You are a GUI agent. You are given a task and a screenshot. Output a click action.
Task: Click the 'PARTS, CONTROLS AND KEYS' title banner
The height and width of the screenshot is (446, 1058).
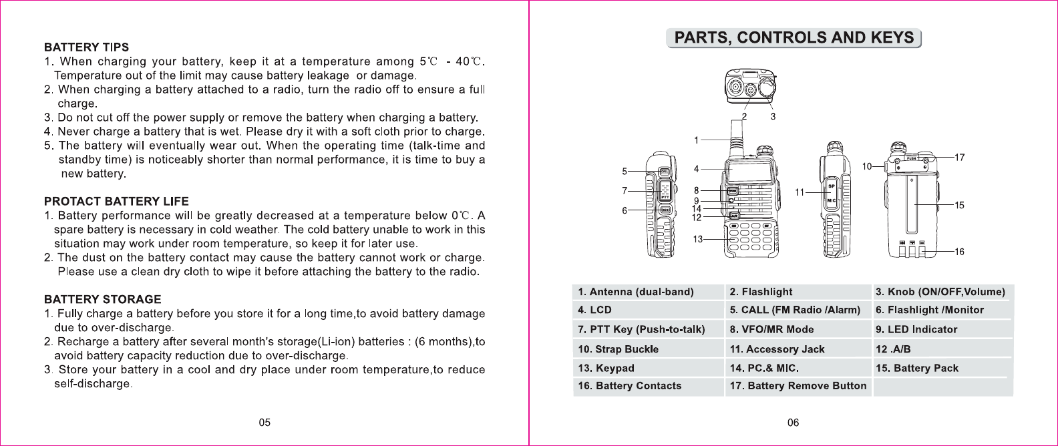click(x=793, y=38)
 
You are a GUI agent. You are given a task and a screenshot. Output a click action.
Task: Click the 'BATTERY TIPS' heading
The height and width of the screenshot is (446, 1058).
click(x=86, y=47)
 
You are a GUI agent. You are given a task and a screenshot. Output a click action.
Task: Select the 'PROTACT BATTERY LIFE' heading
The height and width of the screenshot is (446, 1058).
click(x=116, y=202)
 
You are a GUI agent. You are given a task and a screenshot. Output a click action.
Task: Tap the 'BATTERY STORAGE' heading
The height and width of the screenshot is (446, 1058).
click(x=102, y=300)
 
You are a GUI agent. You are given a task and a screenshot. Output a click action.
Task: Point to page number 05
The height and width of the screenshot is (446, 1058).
click(x=264, y=423)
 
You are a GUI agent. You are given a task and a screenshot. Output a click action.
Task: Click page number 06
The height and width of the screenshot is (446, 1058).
click(x=793, y=423)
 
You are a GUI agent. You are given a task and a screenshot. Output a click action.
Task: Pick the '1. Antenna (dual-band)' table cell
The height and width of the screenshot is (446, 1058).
click(x=636, y=292)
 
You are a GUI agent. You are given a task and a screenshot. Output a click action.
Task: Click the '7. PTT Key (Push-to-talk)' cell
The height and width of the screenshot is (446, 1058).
click(x=641, y=329)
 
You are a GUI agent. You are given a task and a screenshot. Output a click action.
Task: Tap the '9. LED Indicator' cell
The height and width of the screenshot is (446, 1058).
click(x=916, y=329)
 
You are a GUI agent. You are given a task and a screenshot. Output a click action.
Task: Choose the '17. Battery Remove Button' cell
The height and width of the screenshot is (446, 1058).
click(x=798, y=386)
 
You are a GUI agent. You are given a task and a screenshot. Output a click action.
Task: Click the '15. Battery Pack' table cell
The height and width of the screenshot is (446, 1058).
click(x=916, y=368)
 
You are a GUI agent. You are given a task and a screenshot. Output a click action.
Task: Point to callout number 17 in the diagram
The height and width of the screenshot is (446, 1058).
click(x=959, y=158)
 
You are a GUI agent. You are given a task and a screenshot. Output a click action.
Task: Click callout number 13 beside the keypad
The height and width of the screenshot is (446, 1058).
click(x=697, y=239)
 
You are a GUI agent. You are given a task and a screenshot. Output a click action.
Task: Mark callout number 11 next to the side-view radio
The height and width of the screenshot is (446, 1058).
click(x=800, y=192)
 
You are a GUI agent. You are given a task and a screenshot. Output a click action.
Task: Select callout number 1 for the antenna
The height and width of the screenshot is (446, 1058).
click(x=696, y=140)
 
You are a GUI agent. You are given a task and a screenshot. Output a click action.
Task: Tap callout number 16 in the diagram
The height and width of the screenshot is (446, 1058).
click(x=959, y=252)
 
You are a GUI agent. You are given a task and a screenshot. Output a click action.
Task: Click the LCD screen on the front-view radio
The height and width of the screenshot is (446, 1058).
click(x=751, y=172)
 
